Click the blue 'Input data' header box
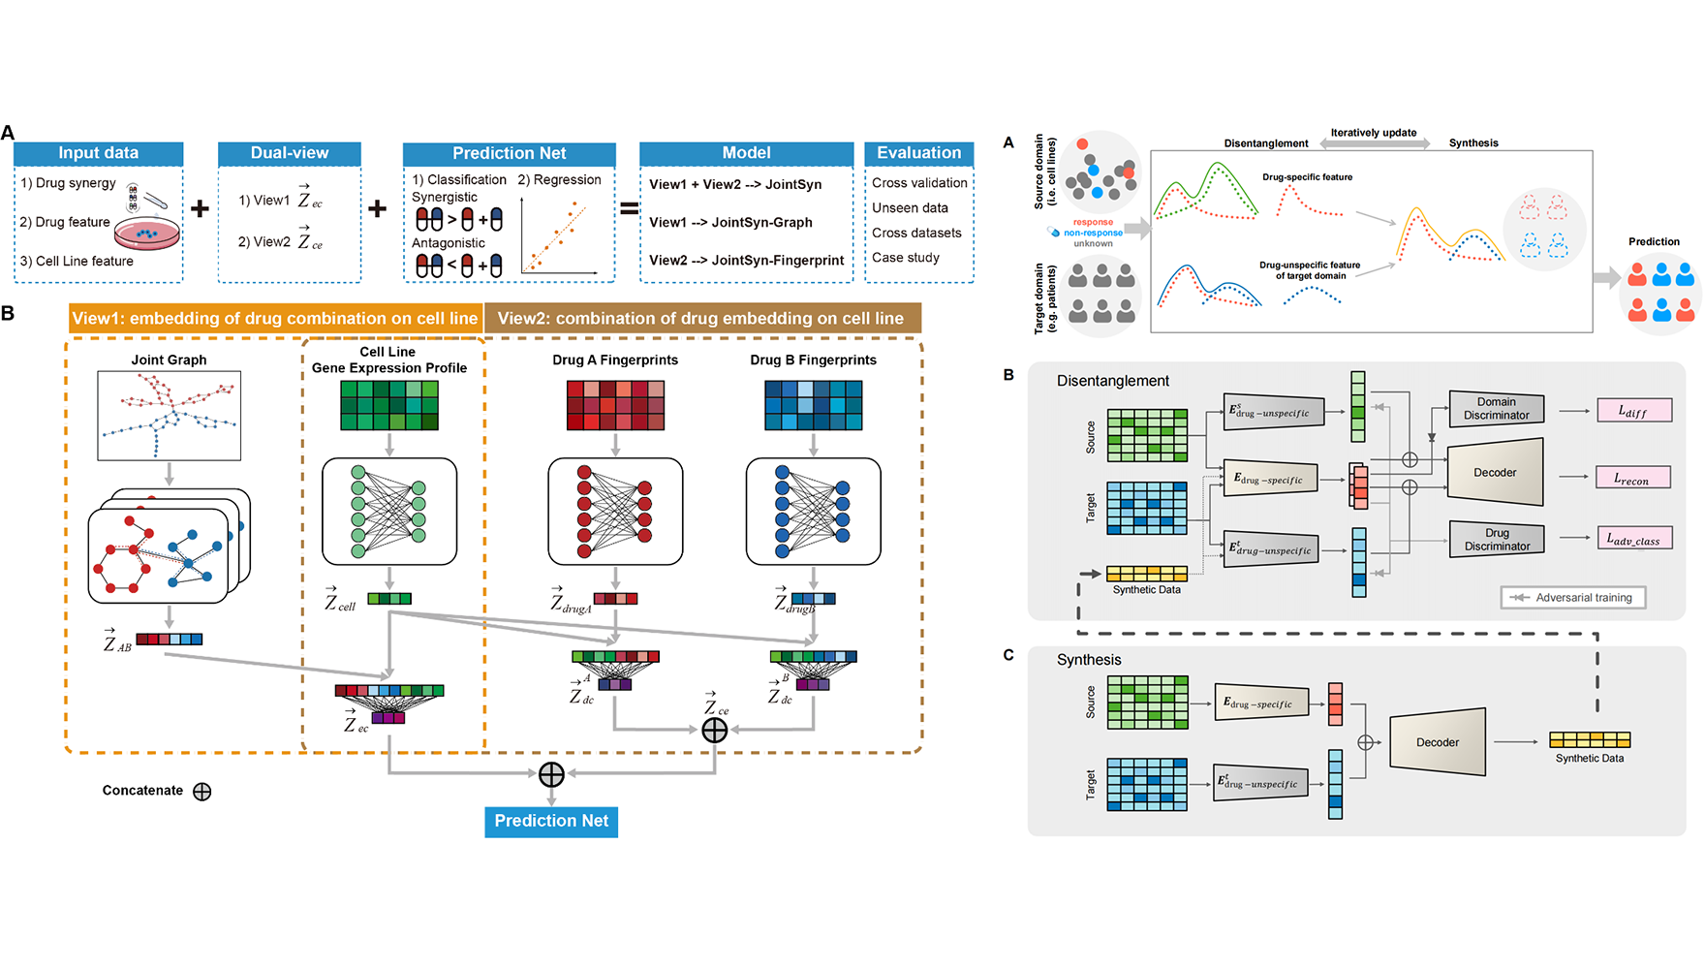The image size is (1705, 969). click(x=98, y=153)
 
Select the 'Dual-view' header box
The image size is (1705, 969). click(x=289, y=153)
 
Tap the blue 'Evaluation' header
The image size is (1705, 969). click(x=918, y=153)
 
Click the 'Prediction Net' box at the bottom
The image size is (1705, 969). click(x=551, y=821)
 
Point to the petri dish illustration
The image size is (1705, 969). click(x=147, y=233)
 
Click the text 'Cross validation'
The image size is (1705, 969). click(x=918, y=183)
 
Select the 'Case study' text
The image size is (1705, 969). click(x=905, y=258)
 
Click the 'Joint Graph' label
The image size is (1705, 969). click(x=169, y=359)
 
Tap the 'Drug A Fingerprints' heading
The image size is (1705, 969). click(x=615, y=359)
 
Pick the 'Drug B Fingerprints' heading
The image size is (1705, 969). click(x=813, y=359)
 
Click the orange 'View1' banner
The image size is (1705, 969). click(x=275, y=319)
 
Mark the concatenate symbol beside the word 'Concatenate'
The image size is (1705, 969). click(x=201, y=792)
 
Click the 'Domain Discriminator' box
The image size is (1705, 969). click(x=1496, y=409)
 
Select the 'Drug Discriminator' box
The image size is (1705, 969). click(x=1496, y=540)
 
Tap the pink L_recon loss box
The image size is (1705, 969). click(x=1633, y=478)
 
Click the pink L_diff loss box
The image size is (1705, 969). click(x=1633, y=411)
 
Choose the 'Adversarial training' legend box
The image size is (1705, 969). click(x=1573, y=598)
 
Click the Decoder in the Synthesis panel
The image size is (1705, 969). click(x=1438, y=742)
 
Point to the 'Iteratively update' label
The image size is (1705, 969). click(x=1373, y=133)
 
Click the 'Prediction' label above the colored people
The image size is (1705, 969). click(x=1654, y=241)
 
